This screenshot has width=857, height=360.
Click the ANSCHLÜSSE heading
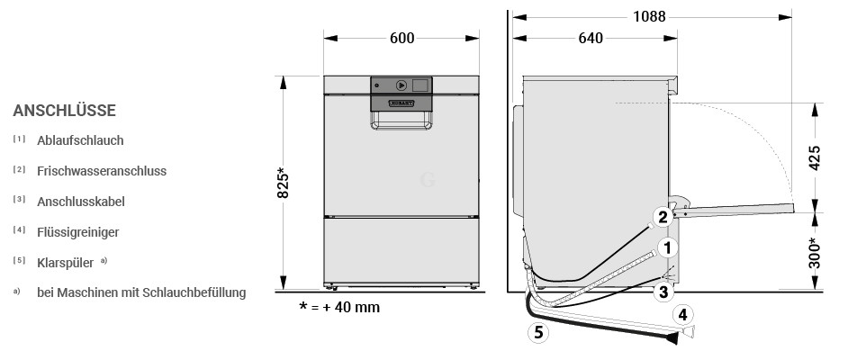65,111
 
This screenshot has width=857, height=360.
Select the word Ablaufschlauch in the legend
80,140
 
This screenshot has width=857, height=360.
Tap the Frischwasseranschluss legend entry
102,171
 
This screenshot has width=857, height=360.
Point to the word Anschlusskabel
81,202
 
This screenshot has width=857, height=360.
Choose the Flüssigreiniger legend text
78,232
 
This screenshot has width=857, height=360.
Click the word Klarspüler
66,263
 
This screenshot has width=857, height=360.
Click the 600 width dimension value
401,38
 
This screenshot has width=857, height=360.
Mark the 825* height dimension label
283,183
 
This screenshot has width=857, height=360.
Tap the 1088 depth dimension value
649,17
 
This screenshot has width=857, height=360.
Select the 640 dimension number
591,38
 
